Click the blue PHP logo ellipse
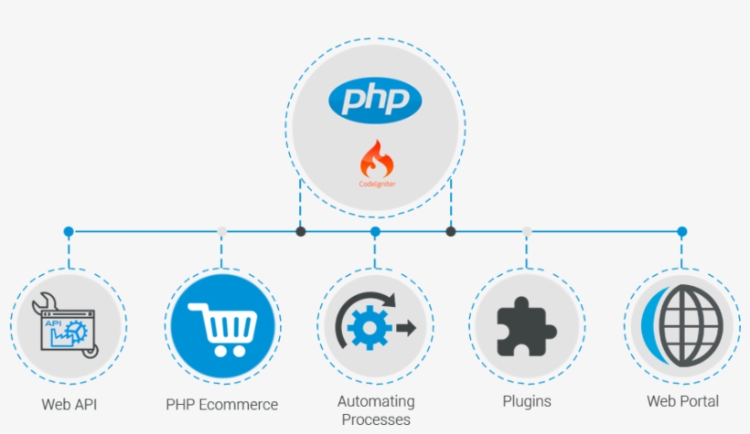(x=375, y=99)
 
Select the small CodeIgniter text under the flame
(x=376, y=184)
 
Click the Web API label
(x=69, y=403)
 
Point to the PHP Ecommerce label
(x=222, y=404)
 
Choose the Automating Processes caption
(x=376, y=410)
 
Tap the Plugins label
(x=527, y=401)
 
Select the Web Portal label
(x=682, y=401)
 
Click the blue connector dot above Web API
(x=69, y=232)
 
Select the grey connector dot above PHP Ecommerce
(x=222, y=232)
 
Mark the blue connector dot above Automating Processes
(x=376, y=232)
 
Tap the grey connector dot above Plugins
(x=527, y=232)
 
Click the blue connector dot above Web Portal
(x=682, y=232)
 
